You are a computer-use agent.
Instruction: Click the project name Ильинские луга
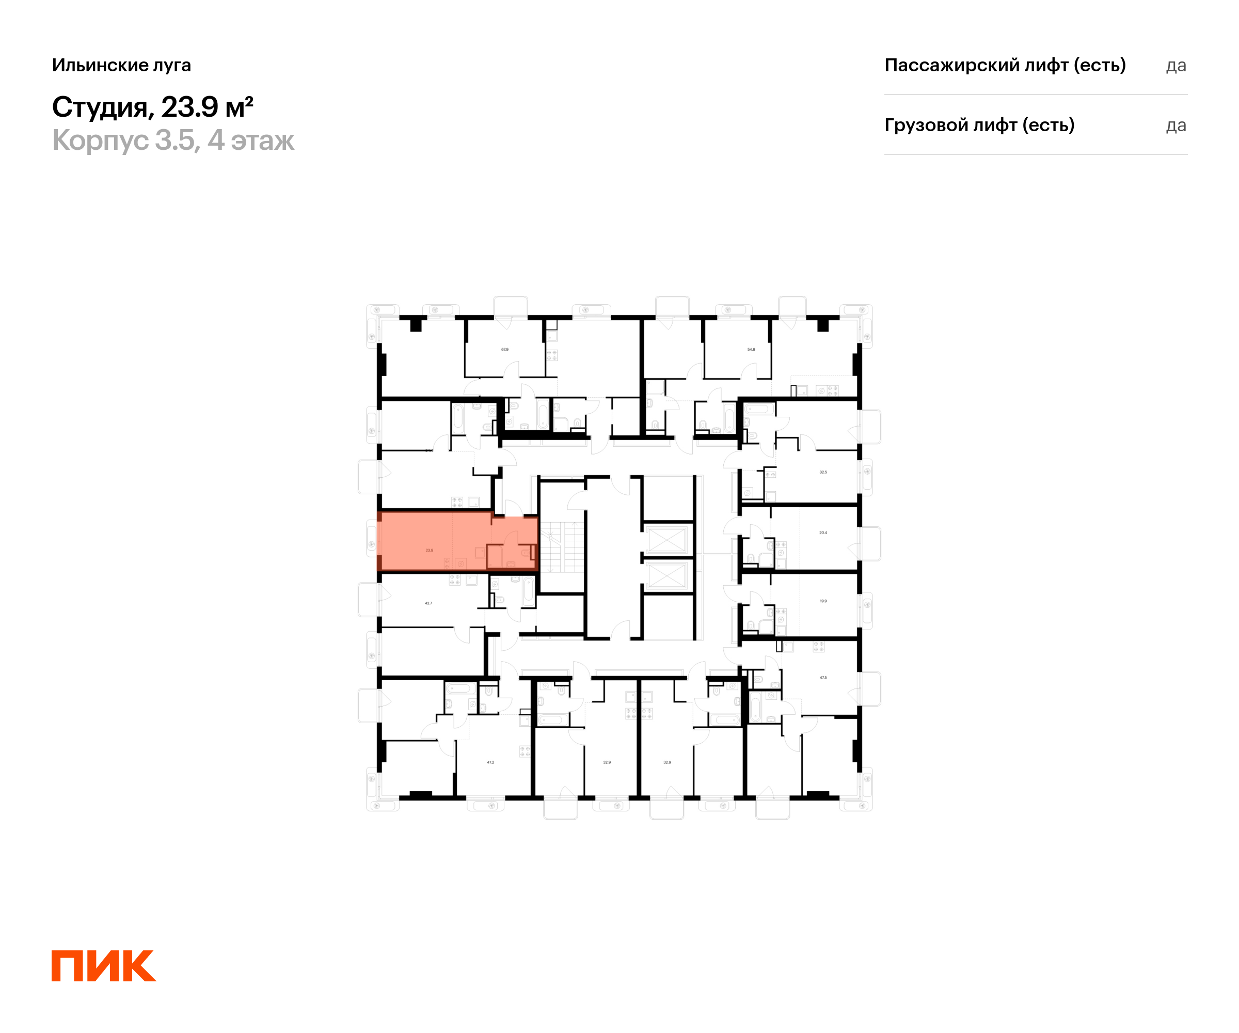click(x=121, y=66)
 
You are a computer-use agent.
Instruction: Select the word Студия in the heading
click(x=100, y=107)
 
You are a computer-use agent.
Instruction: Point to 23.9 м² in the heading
click(x=207, y=107)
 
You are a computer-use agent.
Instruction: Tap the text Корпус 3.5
click(x=123, y=140)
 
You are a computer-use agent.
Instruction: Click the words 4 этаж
click(x=251, y=140)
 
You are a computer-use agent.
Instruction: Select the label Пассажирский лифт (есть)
click(x=1005, y=66)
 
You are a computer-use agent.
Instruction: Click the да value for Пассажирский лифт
click(x=1176, y=66)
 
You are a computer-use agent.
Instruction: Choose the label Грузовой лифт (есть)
click(x=979, y=125)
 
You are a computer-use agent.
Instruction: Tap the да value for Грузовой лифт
click(x=1176, y=126)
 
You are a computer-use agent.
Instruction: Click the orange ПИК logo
click(x=104, y=966)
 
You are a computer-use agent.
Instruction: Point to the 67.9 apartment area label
click(x=504, y=350)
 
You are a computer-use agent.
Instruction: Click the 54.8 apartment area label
click(x=751, y=350)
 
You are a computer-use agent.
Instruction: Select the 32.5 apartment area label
click(x=823, y=472)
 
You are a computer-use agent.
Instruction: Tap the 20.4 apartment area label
click(x=823, y=533)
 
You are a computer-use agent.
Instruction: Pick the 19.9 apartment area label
click(x=823, y=601)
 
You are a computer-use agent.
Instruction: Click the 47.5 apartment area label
click(x=823, y=678)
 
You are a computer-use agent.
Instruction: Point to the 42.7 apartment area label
click(x=428, y=603)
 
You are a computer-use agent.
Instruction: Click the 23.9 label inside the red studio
click(x=429, y=550)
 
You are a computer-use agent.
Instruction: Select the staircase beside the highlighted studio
click(x=562, y=547)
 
